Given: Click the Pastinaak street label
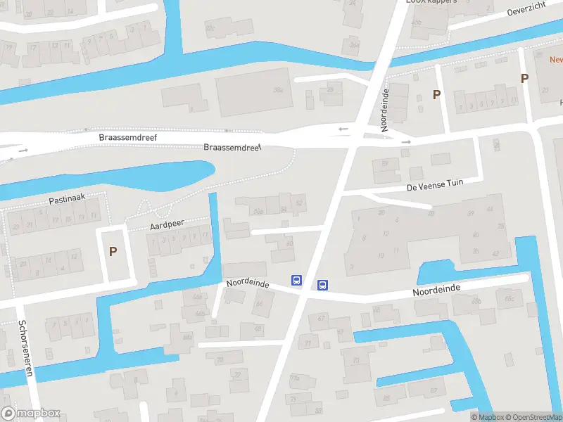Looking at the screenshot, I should pos(67,199).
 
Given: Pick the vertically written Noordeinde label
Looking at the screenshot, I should pos(385,110).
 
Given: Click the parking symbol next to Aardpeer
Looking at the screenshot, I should pos(113,251).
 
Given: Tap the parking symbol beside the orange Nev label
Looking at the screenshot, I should pos(524,79).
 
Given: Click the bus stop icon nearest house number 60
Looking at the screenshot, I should pos(297,280).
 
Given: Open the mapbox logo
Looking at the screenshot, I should pos(31,414).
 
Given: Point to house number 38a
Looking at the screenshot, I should pos(278,90).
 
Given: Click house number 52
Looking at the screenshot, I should pos(300,204).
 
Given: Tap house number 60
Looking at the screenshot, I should pos(290,244).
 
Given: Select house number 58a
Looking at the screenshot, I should pos(258,210).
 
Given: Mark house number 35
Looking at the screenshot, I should pos(476,251).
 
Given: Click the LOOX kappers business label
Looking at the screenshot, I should pos(431,2).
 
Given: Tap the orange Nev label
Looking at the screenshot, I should pos(556,60).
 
